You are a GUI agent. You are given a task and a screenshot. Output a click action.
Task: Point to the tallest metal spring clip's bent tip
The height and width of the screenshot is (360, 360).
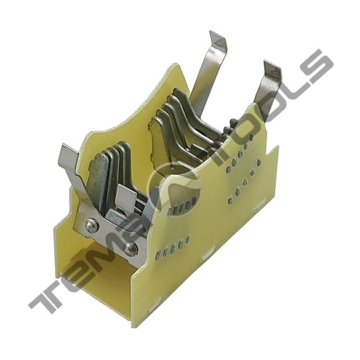click(x=217, y=39)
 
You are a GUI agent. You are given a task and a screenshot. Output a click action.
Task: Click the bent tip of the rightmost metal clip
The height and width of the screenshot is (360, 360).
click(x=272, y=69)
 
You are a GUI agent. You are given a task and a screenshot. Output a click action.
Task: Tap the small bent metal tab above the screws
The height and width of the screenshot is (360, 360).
click(x=125, y=197)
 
